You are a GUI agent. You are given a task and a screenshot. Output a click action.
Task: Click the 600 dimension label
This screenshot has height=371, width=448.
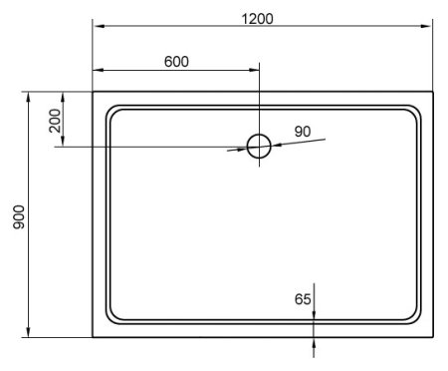click(x=175, y=61)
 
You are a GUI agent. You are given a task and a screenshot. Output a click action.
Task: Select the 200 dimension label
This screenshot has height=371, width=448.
click(x=54, y=120)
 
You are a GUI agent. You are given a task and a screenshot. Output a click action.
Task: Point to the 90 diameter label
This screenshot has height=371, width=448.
click(x=303, y=131)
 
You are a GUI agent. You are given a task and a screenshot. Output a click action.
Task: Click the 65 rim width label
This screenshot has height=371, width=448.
click(x=304, y=298)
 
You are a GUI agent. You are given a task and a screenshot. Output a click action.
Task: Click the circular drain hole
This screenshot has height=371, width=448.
click(x=259, y=147)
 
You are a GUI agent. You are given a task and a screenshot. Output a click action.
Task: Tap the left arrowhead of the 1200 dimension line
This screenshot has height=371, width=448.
click(x=98, y=30)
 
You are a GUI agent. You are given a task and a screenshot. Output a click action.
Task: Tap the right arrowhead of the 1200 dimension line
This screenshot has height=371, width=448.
click(x=431, y=30)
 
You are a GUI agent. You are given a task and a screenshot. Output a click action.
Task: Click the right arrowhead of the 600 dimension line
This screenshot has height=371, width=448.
click(x=254, y=71)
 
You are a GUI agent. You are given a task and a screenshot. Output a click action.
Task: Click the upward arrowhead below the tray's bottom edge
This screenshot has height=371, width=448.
click(x=315, y=342)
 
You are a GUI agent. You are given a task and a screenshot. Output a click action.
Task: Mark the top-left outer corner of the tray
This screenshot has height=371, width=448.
click(x=93, y=93)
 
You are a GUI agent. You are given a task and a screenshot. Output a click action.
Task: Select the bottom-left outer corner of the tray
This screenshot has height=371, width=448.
click(x=93, y=337)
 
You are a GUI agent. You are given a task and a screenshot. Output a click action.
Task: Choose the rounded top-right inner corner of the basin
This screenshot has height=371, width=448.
click(x=417, y=112)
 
